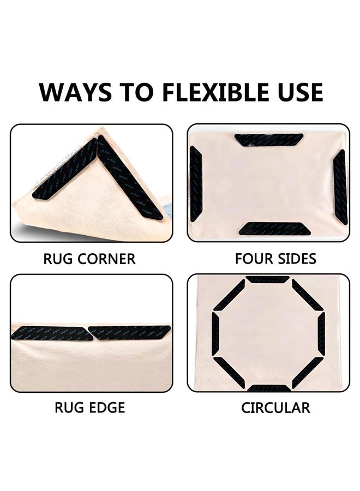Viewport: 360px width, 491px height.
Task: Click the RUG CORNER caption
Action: pos(89,259)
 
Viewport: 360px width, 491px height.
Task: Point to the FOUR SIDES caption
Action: pos(275,259)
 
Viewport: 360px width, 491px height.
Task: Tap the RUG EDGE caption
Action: pos(89,408)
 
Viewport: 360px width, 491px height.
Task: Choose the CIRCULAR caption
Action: pos(275,408)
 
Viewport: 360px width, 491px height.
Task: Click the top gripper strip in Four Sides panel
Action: pos(269,140)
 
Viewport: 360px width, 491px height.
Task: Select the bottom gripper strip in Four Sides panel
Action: pos(275,229)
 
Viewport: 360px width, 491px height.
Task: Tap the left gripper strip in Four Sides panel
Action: pos(196,184)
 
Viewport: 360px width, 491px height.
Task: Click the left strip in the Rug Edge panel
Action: pos(52,333)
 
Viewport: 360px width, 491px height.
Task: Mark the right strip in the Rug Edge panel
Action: pos(130,332)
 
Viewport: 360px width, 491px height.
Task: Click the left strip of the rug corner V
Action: pos(65,169)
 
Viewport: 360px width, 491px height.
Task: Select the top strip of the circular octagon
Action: pos(267,279)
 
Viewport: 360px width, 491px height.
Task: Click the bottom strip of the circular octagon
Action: pos(269,388)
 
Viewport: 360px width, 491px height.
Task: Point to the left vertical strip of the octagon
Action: pos(214,334)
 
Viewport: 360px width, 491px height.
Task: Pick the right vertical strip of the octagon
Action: pos(321,334)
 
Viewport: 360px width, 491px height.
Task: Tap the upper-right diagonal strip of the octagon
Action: pos(308,295)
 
